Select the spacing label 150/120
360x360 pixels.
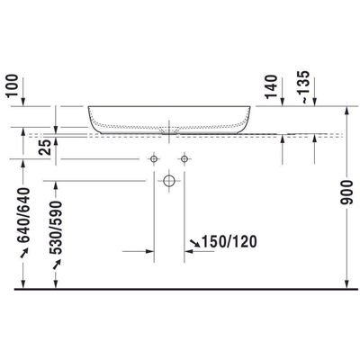pos(220,242)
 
